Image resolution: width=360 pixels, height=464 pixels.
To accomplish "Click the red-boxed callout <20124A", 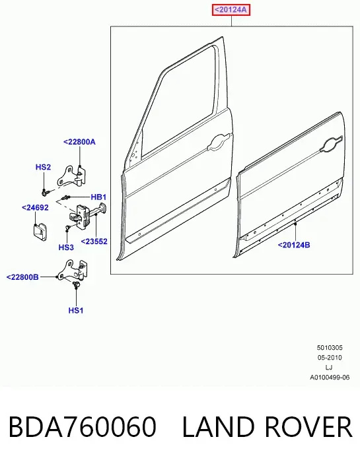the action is click(231, 10).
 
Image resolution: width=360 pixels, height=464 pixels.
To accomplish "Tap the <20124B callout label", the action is click(294, 245).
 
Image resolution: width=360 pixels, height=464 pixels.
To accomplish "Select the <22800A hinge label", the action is click(79, 142).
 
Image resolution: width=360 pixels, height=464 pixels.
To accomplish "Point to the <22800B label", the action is click(22, 277).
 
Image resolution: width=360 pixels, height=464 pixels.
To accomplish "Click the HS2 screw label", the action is click(43, 167).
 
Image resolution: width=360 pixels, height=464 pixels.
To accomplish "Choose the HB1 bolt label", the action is click(98, 197).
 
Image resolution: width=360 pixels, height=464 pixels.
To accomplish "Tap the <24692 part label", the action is click(35, 208).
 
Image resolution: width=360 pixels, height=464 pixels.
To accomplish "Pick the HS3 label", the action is click(66, 247).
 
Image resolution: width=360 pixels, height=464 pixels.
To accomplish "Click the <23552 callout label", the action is click(94, 242).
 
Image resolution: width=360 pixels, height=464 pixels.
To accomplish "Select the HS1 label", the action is click(76, 310).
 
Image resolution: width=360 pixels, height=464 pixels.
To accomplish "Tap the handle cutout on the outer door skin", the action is click(331, 144).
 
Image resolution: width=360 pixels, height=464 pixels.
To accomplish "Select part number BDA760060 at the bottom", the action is click(83, 427).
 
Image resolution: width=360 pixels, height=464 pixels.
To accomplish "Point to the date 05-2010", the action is click(330, 358).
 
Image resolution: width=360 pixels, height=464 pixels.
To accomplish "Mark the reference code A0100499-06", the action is click(330, 378).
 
